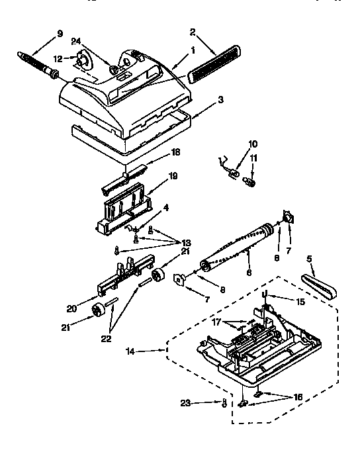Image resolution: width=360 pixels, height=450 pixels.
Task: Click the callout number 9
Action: point(60,33)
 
